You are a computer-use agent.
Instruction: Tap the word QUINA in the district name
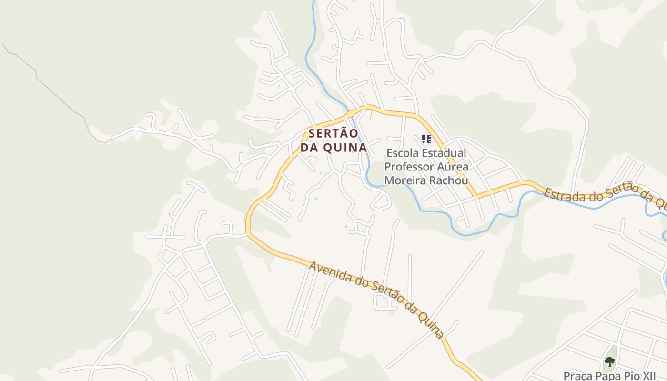click(x=345, y=148)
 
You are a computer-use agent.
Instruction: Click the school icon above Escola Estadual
click(x=426, y=139)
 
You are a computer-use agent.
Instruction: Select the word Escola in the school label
click(x=402, y=153)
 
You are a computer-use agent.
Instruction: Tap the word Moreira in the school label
click(x=405, y=180)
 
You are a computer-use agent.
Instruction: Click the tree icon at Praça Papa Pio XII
click(x=609, y=362)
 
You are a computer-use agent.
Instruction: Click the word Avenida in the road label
click(x=331, y=271)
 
